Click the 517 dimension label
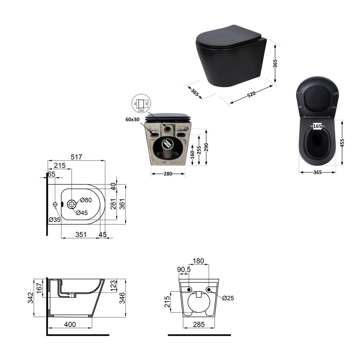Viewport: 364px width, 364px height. pyautogui.click(x=76, y=157)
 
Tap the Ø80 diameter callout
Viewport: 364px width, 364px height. pyautogui.click(x=86, y=200)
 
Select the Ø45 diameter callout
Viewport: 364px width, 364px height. pyautogui.click(x=82, y=213)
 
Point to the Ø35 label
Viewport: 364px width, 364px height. pyautogui.click(x=54, y=220)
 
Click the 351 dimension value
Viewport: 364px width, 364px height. pyautogui.click(x=81, y=235)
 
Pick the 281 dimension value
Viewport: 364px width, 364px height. pyautogui.click(x=113, y=204)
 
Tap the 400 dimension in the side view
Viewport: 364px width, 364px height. pyautogui.click(x=70, y=324)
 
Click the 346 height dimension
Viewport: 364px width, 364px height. pyautogui.click(x=122, y=298)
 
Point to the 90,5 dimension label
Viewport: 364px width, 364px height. pyautogui.click(x=184, y=269)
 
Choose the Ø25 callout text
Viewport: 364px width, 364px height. pyautogui.click(x=228, y=298)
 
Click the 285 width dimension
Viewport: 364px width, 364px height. pyautogui.click(x=198, y=324)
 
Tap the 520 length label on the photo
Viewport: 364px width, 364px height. pyautogui.click(x=251, y=94)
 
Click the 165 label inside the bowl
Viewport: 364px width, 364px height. pyautogui.click(x=317, y=126)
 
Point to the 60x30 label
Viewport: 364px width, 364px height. pyautogui.click(x=133, y=119)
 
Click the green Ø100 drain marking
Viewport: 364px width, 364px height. pyautogui.click(x=168, y=144)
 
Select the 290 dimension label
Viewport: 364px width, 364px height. pyautogui.click(x=206, y=147)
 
